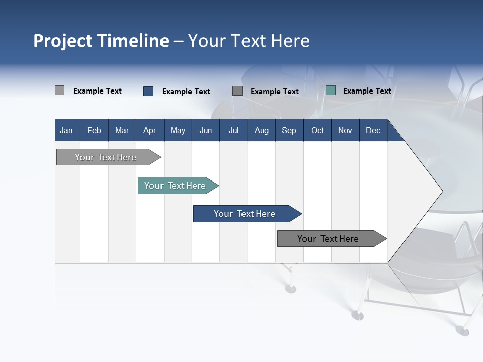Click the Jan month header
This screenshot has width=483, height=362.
click(66, 131)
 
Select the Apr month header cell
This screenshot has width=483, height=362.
click(149, 131)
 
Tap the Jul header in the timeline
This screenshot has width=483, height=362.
click(233, 131)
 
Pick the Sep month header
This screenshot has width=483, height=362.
click(289, 131)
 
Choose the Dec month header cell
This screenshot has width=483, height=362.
click(373, 131)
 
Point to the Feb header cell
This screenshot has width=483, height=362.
click(94, 131)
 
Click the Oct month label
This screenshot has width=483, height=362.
click(317, 131)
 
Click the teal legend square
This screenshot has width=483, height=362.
click(331, 90)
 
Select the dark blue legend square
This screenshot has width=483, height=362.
click(148, 91)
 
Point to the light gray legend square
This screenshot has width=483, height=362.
click(59, 90)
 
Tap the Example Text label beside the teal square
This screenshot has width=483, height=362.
click(367, 91)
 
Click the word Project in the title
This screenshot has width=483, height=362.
click(63, 41)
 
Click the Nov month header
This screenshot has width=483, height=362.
click(345, 131)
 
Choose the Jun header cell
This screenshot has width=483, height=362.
click(206, 131)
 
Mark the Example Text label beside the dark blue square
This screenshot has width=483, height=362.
click(186, 92)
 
